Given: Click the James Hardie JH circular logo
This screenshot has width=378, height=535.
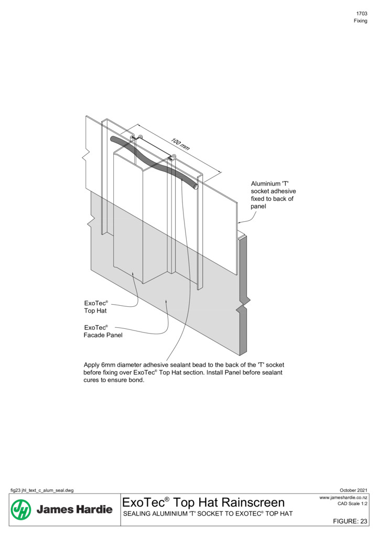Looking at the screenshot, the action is (21, 509).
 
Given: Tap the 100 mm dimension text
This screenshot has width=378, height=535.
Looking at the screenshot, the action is (180, 144).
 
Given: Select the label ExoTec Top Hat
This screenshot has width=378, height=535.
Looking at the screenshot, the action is (96, 307).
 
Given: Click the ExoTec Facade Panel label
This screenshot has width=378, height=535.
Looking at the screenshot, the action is (103, 331).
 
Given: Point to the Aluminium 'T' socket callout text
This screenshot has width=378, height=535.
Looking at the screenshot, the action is (273, 195).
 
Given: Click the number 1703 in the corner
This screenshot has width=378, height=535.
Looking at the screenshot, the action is (362, 14).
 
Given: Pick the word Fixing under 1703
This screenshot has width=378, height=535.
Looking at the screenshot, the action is (360, 21).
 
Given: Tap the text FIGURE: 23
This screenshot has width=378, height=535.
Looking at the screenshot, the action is (350, 521).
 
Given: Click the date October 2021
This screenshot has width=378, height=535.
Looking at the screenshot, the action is (353, 490).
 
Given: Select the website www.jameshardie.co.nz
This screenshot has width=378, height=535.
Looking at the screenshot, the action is (343, 497).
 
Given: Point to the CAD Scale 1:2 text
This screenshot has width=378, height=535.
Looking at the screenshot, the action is (352, 504).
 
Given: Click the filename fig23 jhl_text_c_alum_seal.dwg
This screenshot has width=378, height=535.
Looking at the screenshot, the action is (42, 490).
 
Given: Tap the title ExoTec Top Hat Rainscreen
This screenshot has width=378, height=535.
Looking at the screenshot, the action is (203, 502).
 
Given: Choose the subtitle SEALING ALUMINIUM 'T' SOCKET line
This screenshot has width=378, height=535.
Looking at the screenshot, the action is (208, 513).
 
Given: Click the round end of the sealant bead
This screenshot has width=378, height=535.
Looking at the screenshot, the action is (196, 186).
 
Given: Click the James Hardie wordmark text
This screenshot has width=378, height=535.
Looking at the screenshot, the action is (74, 509).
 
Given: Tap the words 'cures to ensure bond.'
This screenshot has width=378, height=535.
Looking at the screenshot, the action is (114, 380).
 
